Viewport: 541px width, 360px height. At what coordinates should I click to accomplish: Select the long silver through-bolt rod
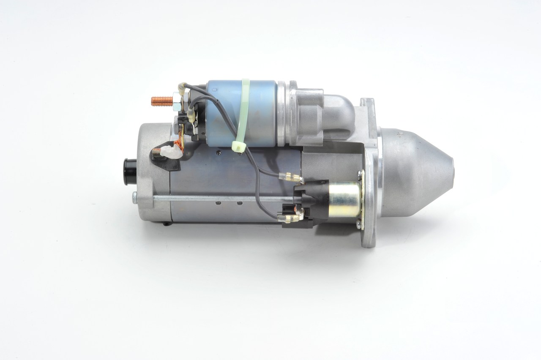pyautogui.click(x=220, y=198)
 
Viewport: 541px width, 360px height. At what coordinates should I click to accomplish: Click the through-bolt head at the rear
pyautogui.click(x=134, y=196)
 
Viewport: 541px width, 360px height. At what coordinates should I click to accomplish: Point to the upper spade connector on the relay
pyautogui.click(x=296, y=179)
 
